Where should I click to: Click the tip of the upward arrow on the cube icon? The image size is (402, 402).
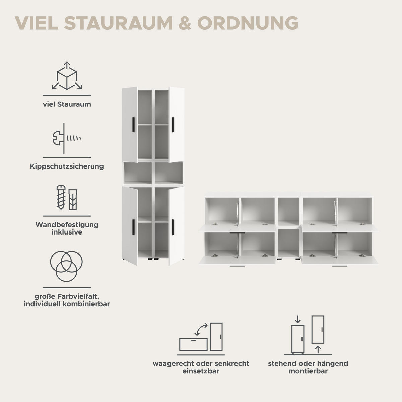tap(67, 62)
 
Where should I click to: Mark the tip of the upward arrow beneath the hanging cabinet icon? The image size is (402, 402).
tap(318, 346)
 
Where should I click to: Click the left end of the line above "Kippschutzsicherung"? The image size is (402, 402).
tap(43, 158)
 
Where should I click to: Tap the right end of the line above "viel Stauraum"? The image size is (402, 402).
tap(91, 95)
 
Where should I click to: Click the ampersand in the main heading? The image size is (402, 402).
tap(185, 23)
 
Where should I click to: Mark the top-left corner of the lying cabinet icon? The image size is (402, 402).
tap(180, 339)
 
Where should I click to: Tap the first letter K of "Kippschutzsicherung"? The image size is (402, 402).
tap(32, 166)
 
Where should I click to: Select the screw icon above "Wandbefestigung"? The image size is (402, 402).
tap(61, 197)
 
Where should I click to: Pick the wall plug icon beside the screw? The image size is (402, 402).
tap(73, 200)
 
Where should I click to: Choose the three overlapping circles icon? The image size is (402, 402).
tap(66, 266)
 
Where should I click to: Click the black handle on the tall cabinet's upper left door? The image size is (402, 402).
tap(133, 125)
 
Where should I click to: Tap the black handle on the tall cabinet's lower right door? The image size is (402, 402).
tap(173, 227)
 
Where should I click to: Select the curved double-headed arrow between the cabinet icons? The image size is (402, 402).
tap(201, 329)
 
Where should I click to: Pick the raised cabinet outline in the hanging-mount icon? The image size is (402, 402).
tap(318, 329)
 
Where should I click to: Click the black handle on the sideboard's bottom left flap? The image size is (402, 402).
tap(237, 266)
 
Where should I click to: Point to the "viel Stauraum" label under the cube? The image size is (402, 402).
tap(67, 104)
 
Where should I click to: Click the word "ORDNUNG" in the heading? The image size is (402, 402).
tap(248, 23)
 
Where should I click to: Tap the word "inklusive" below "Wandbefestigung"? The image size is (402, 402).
tap(67, 232)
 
